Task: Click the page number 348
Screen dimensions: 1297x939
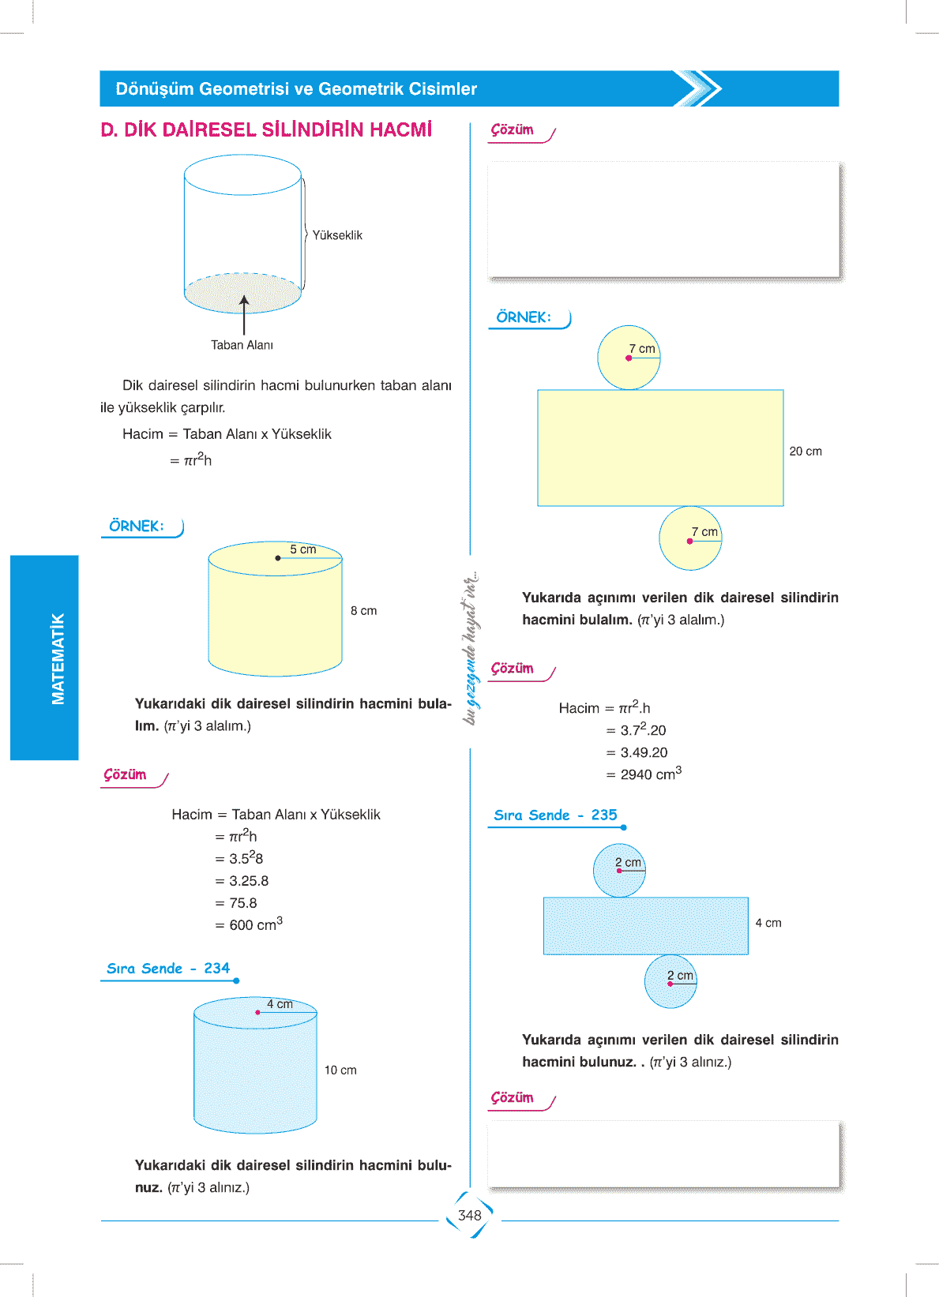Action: [x=469, y=1216]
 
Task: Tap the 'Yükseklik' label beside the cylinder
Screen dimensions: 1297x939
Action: [x=337, y=235]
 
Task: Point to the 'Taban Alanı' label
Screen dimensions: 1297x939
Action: [x=242, y=345]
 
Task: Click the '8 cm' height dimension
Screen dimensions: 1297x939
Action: [x=363, y=611]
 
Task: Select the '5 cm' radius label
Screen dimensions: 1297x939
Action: [x=302, y=549]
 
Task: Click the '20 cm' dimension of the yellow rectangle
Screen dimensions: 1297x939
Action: [x=806, y=452]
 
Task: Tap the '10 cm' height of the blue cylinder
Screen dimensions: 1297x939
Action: [x=340, y=1070]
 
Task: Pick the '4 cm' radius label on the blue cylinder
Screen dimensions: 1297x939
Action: [x=280, y=1004]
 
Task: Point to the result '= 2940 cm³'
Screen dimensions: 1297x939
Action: [x=644, y=774]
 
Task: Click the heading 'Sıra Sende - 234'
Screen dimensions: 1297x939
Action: [x=168, y=969]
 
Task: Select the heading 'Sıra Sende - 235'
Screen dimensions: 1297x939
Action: [x=555, y=815]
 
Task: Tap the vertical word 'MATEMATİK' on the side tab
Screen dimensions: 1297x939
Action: [x=58, y=658]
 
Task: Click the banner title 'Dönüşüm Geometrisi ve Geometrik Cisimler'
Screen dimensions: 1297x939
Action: [x=296, y=89]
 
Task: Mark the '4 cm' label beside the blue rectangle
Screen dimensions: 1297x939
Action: [x=768, y=923]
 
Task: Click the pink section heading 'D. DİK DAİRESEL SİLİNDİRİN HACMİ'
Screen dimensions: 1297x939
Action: [x=266, y=130]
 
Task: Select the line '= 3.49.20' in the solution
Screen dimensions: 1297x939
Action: [x=637, y=752]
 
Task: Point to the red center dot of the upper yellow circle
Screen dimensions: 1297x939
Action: [x=629, y=358]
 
